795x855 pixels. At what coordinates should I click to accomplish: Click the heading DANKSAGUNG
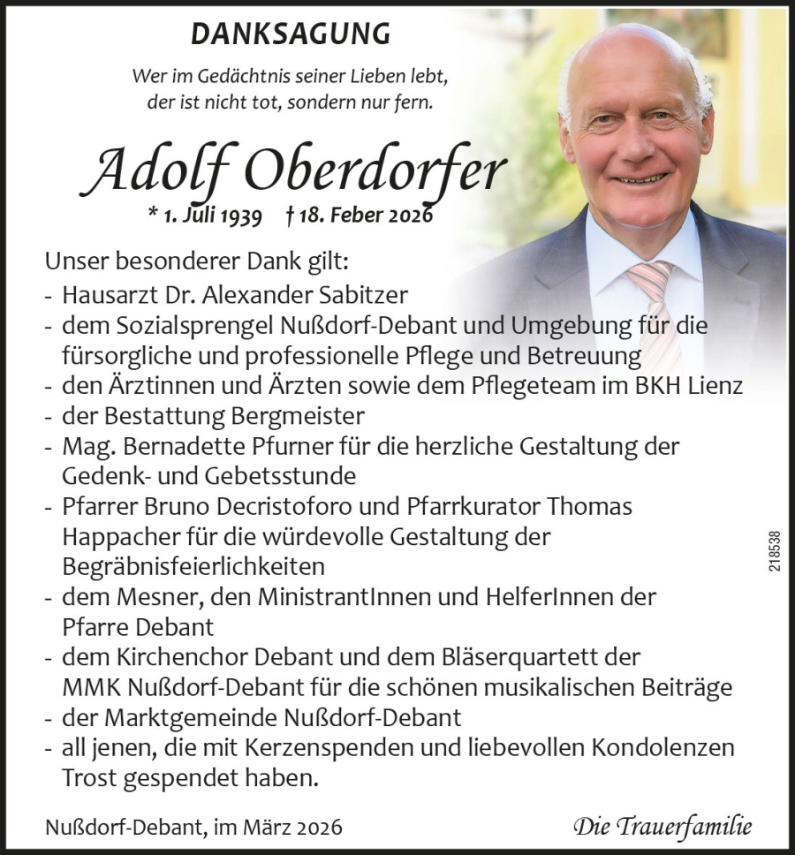(291, 34)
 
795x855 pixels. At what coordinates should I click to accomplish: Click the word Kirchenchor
(188, 658)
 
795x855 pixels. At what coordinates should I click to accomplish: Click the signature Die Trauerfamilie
(662, 828)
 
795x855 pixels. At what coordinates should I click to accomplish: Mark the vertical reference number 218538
(775, 550)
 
